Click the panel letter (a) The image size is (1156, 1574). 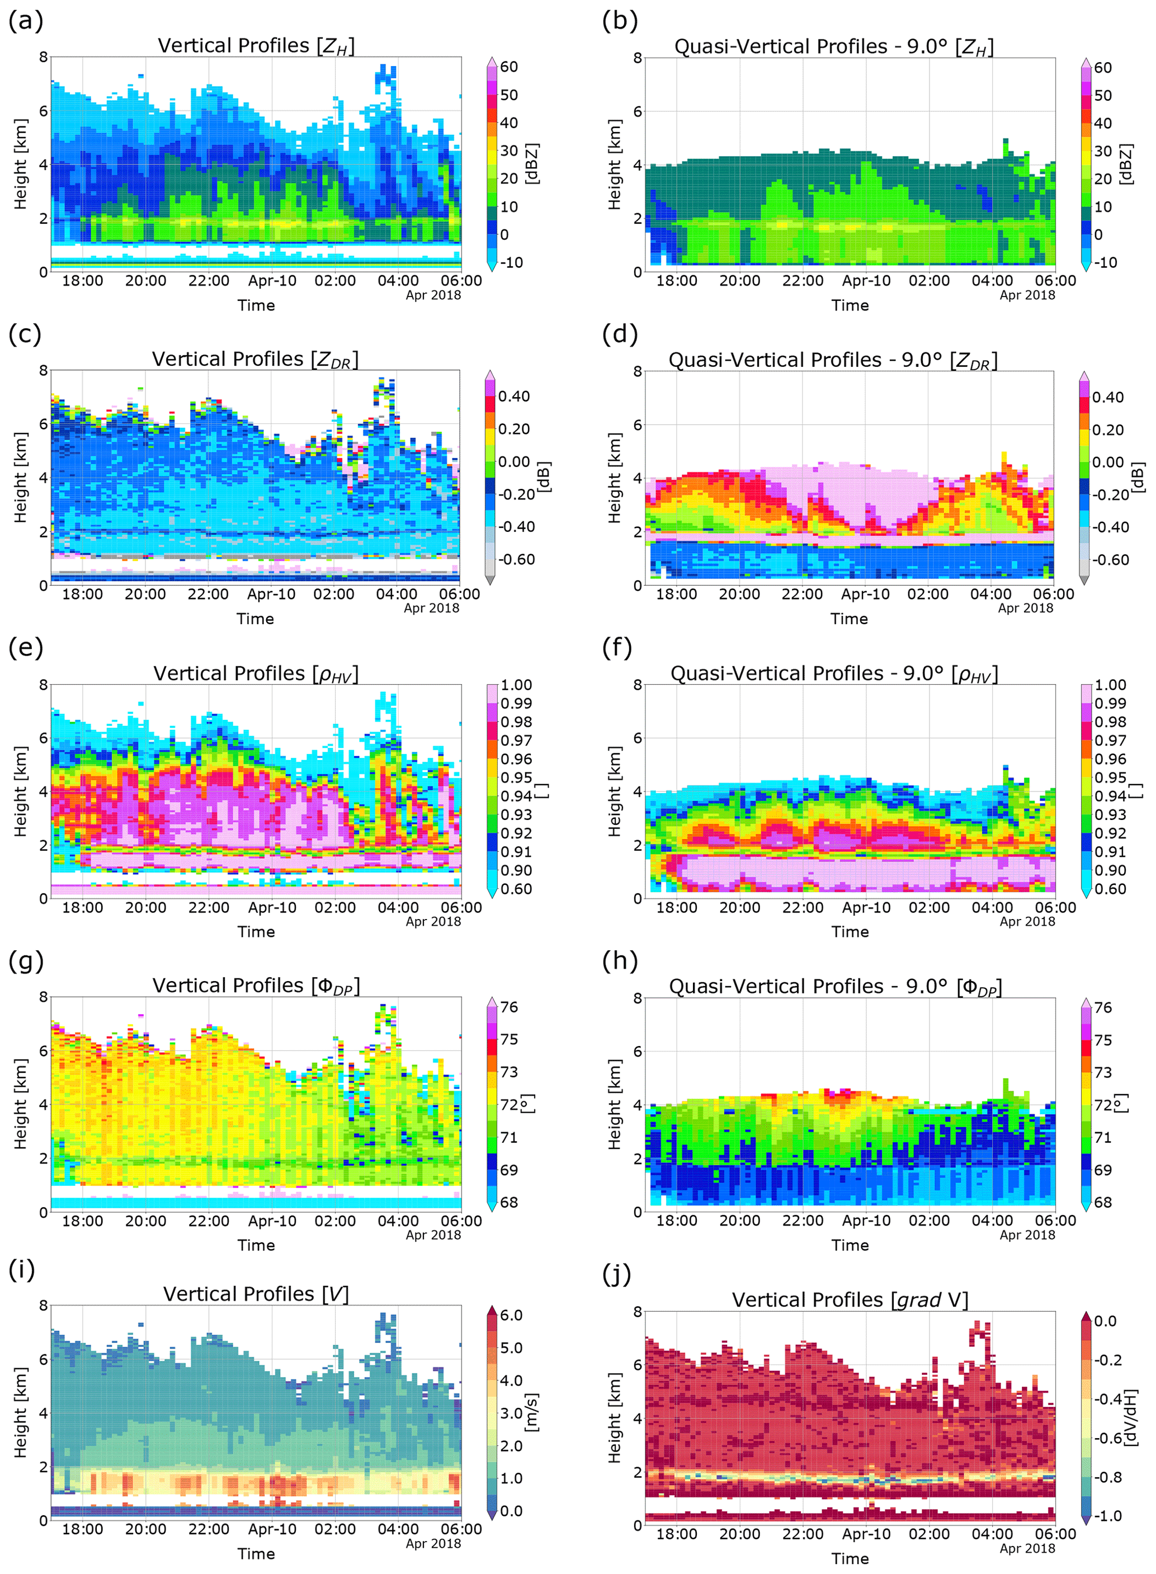26,21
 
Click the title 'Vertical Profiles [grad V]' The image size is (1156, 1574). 850,1300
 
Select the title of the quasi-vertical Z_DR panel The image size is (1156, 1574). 833,360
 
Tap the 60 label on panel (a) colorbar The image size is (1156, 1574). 509,67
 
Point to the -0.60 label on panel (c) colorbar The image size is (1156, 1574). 516,559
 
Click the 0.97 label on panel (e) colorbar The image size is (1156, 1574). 516,741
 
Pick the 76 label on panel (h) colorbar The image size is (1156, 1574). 1103,1008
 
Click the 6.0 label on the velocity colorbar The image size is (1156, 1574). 511,1315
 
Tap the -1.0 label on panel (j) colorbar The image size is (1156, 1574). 1107,1516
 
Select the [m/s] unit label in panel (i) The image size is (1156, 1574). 532,1412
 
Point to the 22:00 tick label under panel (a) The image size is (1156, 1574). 209,281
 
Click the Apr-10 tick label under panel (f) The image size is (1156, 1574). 866,908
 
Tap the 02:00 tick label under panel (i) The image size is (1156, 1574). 335,1529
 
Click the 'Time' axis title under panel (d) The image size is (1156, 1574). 849,619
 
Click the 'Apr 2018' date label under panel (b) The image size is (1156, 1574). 1027,295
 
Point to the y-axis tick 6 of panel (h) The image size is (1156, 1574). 638,1051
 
